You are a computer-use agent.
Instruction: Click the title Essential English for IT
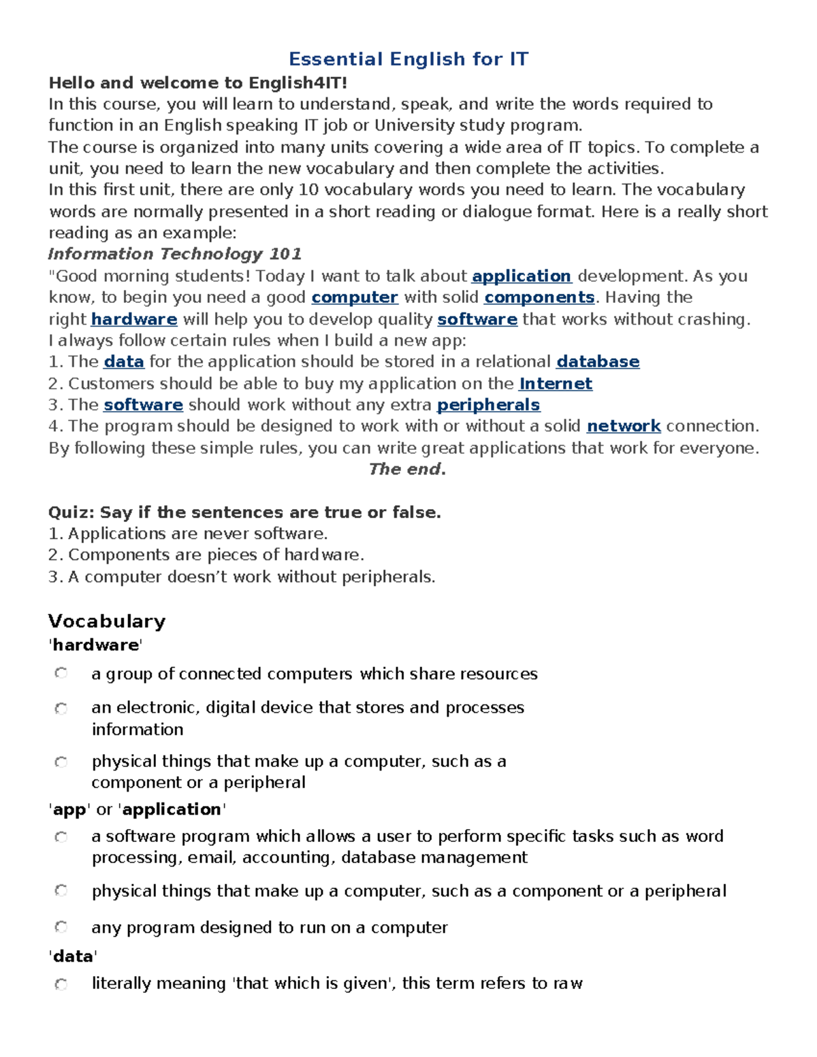[408, 59]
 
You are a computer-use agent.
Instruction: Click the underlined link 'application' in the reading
[521, 276]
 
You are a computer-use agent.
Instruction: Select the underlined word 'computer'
[354, 297]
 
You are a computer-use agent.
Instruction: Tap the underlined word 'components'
[539, 297]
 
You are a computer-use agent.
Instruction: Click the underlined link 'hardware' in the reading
[133, 319]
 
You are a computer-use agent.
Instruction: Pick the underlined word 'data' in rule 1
[123, 361]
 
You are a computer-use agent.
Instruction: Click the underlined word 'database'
[597, 361]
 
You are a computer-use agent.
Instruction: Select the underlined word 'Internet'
[555, 384]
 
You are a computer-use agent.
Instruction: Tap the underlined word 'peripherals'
[488, 405]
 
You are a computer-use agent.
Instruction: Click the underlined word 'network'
[623, 426]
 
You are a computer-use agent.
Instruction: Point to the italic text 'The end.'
[407, 469]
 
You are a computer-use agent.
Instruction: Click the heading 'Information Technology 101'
[174, 254]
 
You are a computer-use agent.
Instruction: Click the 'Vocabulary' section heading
[107, 621]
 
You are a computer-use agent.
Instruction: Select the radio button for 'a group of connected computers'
[61, 673]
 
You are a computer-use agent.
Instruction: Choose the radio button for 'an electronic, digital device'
[61, 709]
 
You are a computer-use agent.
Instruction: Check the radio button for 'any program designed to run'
[61, 927]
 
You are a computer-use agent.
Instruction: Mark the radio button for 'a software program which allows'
[61, 836]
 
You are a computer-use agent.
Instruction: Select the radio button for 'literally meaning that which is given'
[61, 983]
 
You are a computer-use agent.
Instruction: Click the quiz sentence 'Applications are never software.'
[197, 534]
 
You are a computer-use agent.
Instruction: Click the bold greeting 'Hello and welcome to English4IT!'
[197, 83]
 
